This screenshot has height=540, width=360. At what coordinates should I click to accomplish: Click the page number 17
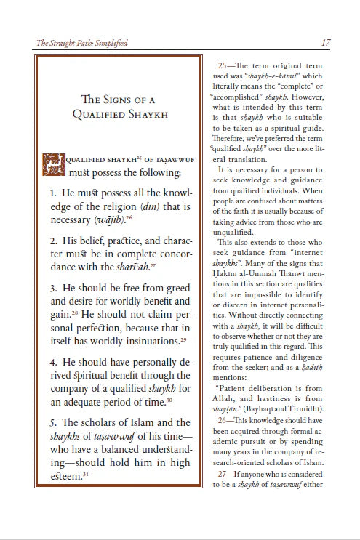[326, 43]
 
